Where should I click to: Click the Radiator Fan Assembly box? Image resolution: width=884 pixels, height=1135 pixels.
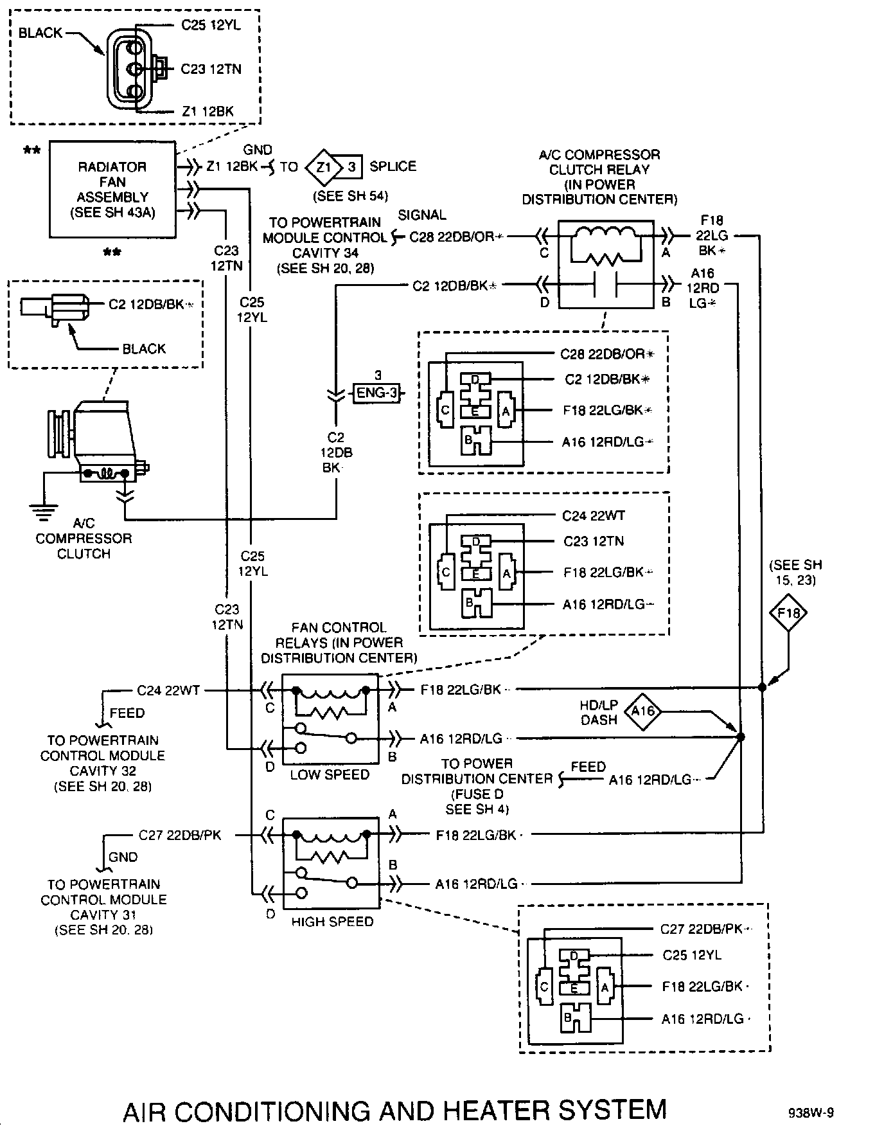(x=112, y=190)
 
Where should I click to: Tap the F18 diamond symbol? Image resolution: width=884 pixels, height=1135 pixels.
(x=788, y=612)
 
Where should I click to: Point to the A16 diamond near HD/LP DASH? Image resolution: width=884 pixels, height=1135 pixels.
(x=643, y=711)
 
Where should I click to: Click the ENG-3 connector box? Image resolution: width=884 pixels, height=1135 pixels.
(x=377, y=393)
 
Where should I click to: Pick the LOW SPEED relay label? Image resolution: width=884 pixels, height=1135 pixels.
(x=330, y=775)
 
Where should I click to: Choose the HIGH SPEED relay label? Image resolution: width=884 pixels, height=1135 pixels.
(x=332, y=922)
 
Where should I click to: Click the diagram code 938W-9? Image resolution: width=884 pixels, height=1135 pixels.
(x=811, y=1113)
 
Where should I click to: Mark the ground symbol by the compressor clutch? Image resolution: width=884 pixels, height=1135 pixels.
(x=43, y=512)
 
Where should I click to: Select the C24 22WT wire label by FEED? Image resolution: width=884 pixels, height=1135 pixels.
(x=168, y=691)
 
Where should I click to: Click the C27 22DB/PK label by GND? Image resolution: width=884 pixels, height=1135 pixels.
(x=180, y=836)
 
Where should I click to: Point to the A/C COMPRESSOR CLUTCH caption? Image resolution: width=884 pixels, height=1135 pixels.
(x=84, y=539)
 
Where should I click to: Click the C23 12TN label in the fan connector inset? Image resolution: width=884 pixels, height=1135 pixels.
(x=211, y=69)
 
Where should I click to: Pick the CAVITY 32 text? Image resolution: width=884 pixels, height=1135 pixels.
(x=103, y=771)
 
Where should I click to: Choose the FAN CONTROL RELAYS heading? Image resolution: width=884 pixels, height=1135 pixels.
(x=339, y=643)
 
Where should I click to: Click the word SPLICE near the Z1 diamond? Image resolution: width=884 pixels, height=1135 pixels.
(x=393, y=166)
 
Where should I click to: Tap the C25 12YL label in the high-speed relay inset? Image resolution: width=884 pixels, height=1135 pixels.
(x=692, y=955)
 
